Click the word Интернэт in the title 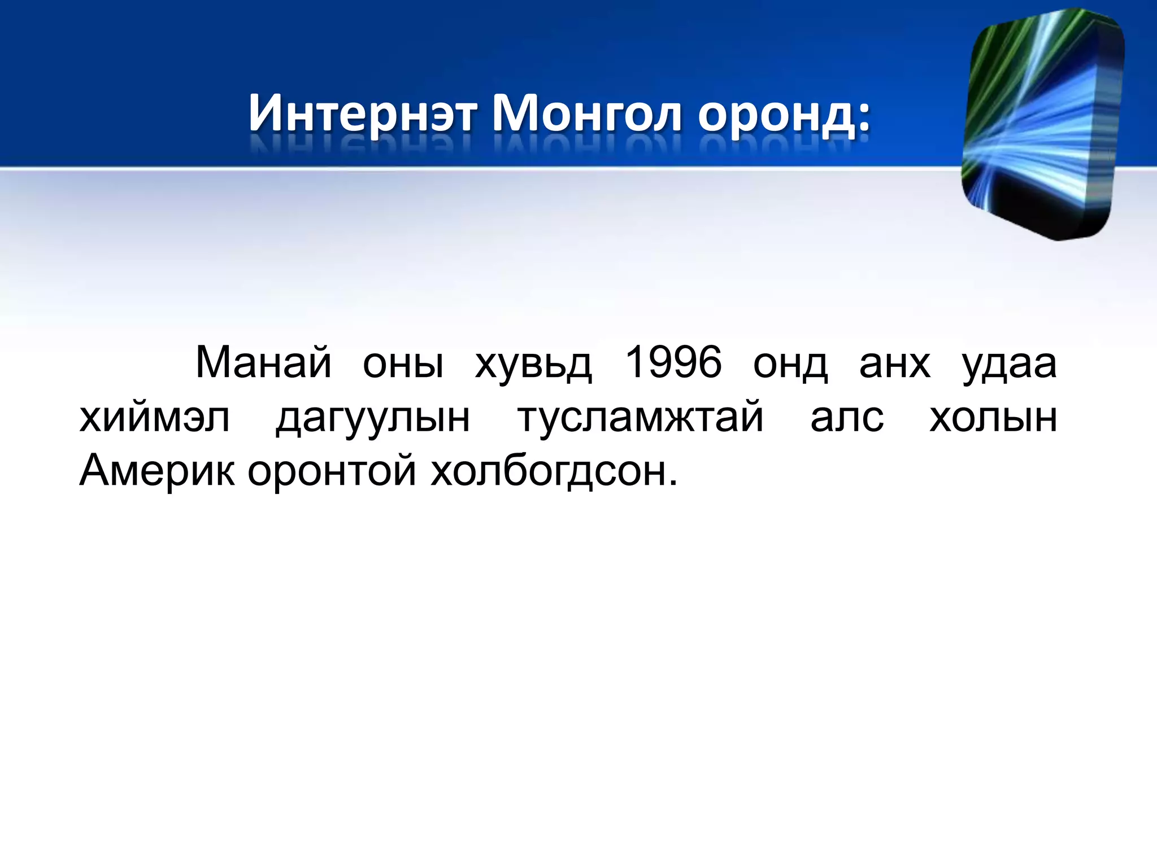(362, 113)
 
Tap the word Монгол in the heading (587, 113)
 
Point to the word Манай (263, 362)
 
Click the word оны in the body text (403, 364)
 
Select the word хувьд (533, 364)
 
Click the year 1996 (673, 362)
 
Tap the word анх (894, 364)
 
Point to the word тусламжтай (641, 418)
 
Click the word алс (847, 418)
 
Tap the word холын (993, 418)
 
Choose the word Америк (156, 470)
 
